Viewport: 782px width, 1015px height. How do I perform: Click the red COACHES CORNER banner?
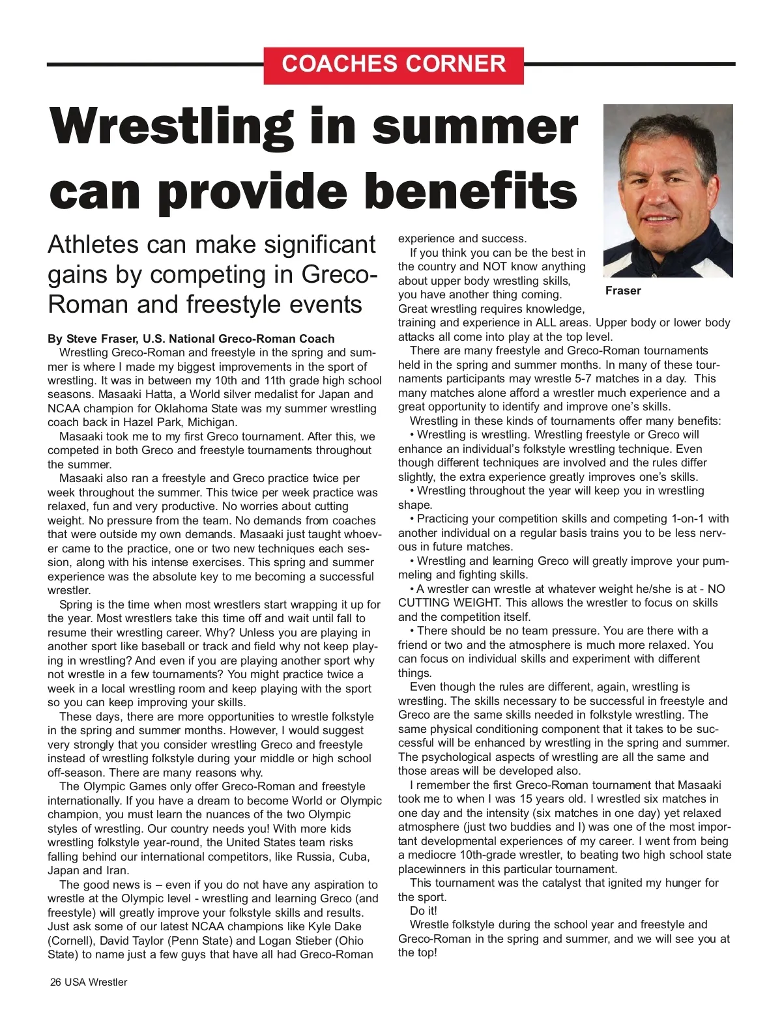point(394,64)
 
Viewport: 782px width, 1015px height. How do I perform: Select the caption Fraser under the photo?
point(623,291)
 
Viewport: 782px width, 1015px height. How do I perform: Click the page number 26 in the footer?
point(56,982)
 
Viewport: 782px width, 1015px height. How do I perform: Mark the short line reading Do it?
point(424,911)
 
